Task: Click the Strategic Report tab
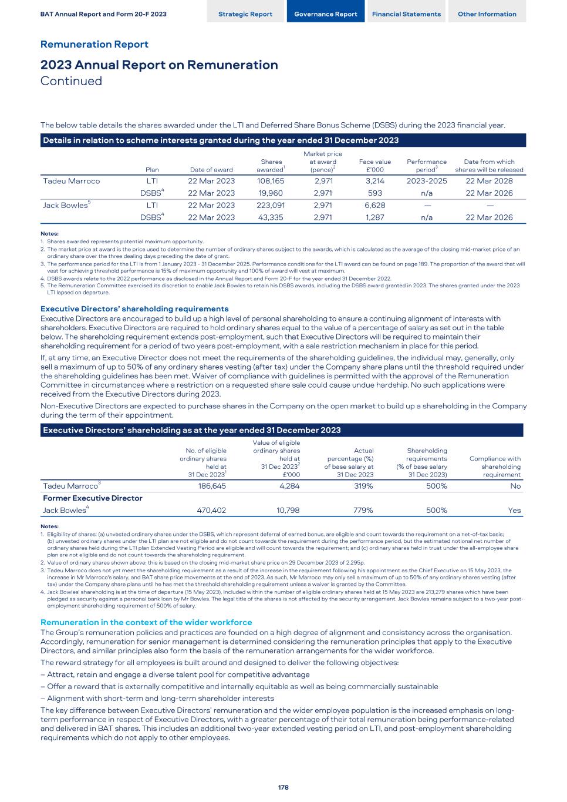(245, 14)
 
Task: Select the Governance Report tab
(325, 14)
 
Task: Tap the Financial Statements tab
(406, 14)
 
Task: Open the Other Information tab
(487, 14)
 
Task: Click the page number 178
(283, 787)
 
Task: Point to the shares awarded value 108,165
(271, 181)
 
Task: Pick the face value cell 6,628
(374, 205)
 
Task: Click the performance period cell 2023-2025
(427, 181)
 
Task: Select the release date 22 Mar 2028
(489, 181)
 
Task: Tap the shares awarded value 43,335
(271, 217)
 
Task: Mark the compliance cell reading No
(515, 486)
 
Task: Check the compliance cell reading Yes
(514, 511)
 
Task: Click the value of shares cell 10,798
(287, 511)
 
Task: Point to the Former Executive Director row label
(93, 498)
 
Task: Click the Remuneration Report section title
(94, 45)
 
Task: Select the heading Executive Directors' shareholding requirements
(134, 309)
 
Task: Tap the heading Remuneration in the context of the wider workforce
(146, 622)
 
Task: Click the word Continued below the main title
(71, 81)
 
